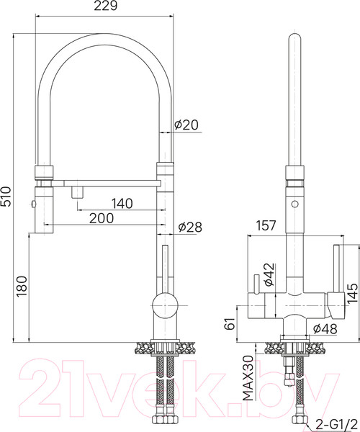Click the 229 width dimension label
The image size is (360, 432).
pos(106,6)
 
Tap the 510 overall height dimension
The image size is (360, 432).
pos(6,197)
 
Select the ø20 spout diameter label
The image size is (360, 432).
pos(186,125)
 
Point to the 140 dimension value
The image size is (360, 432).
pos(122,203)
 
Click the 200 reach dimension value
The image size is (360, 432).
pos(102,218)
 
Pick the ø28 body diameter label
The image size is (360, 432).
pos(190,227)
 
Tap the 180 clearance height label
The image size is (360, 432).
pos(22,287)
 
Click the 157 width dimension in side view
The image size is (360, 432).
pos(266,225)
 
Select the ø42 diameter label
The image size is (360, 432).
pos(269,275)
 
